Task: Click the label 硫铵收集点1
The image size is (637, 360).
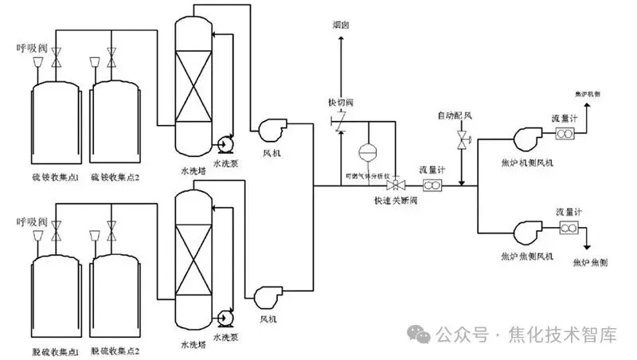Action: [45, 176]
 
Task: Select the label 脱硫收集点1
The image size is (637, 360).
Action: [45, 350]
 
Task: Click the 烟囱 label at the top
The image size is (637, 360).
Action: [340, 25]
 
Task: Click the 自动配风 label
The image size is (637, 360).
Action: [455, 116]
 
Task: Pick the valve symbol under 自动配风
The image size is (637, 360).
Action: [463, 142]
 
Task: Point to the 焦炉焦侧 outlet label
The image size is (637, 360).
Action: [590, 261]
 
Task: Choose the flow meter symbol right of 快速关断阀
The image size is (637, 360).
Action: [432, 186]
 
